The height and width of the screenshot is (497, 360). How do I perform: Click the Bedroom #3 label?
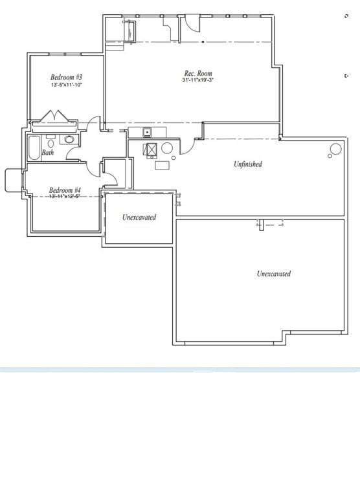(x=66, y=77)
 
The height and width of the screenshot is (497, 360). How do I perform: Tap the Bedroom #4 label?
(x=65, y=190)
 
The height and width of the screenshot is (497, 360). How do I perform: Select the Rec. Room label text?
(x=197, y=74)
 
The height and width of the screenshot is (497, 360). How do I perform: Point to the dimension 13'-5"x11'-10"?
(x=66, y=85)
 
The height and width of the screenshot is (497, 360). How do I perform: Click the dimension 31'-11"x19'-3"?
(x=198, y=81)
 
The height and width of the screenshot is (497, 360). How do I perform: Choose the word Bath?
(x=48, y=153)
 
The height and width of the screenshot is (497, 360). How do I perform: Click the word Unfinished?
(x=248, y=164)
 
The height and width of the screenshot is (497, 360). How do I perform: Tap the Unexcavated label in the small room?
(x=139, y=217)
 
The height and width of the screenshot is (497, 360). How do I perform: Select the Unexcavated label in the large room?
(x=274, y=274)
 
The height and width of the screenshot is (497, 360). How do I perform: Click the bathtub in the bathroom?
(x=34, y=148)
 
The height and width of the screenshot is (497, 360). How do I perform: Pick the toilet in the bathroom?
(x=51, y=139)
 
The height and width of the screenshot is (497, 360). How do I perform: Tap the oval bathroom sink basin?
(x=69, y=139)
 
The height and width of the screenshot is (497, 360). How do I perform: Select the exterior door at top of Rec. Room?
(x=192, y=24)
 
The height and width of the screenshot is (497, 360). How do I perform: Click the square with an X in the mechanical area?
(x=151, y=151)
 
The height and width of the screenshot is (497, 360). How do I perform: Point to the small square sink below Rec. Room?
(x=147, y=133)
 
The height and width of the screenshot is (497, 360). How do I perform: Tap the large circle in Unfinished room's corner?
(x=335, y=149)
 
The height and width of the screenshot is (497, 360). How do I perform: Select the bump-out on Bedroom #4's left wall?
(x=13, y=180)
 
